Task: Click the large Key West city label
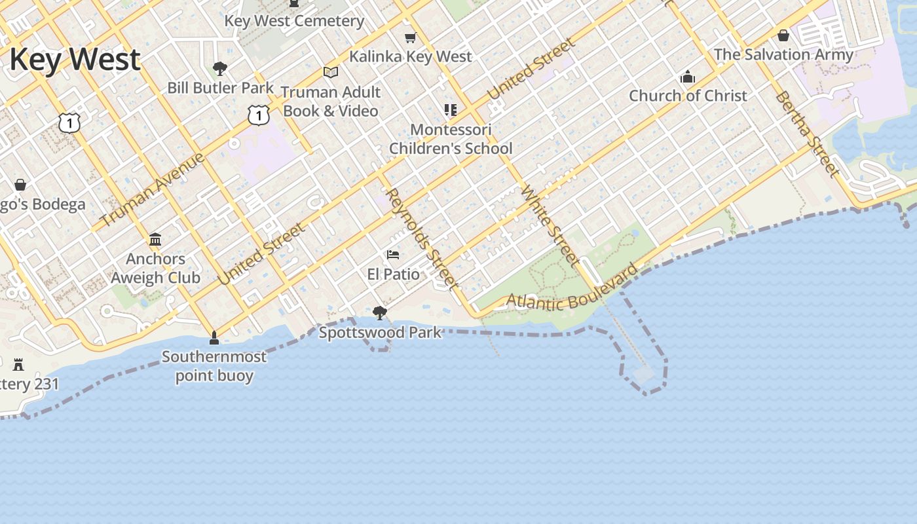click(x=75, y=60)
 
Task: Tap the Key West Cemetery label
click(x=294, y=21)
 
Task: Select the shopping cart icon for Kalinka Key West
click(x=411, y=38)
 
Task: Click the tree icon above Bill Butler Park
click(x=220, y=68)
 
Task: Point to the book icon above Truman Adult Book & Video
click(x=331, y=72)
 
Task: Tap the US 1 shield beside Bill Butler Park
click(x=259, y=115)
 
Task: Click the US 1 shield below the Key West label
click(x=69, y=122)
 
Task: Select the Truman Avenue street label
click(x=153, y=189)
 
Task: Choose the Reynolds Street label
click(x=421, y=238)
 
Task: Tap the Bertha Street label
click(x=808, y=134)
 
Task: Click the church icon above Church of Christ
click(x=687, y=77)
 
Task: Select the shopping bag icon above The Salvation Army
click(x=783, y=35)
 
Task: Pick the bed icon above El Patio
click(x=393, y=254)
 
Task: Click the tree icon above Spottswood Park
click(x=379, y=313)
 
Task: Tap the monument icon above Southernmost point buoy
click(x=214, y=338)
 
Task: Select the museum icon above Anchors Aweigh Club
click(x=155, y=239)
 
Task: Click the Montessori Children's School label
click(x=451, y=139)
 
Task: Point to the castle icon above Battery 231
click(x=18, y=365)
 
